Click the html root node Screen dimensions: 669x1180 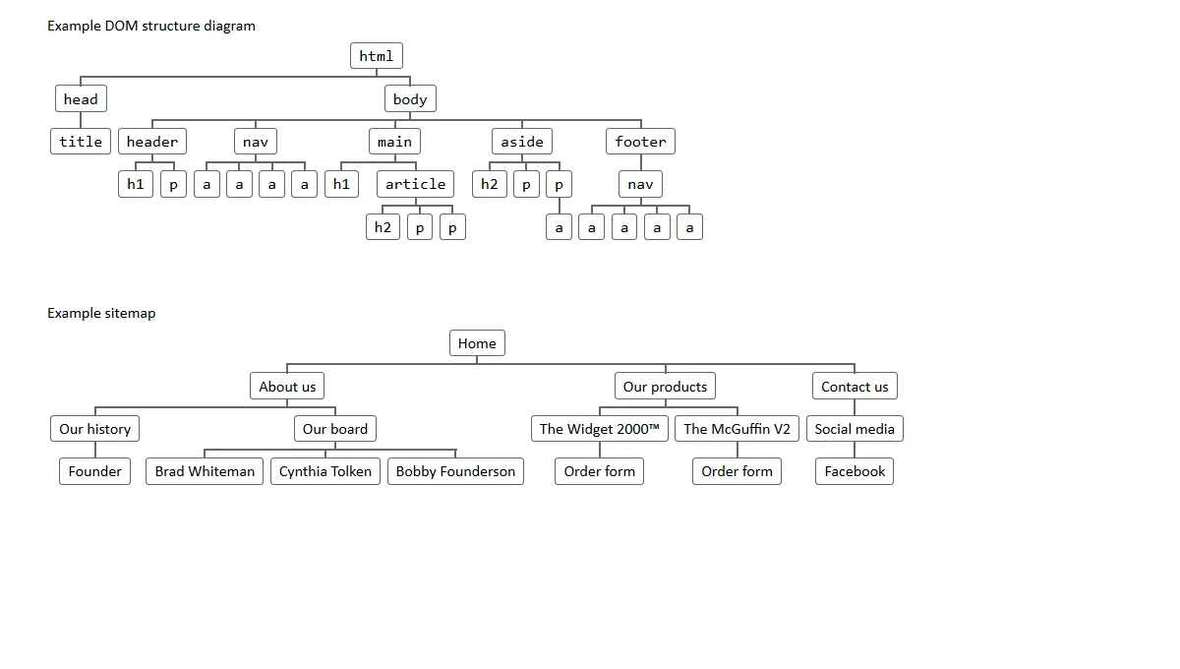click(376, 56)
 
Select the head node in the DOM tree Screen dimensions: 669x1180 click(81, 98)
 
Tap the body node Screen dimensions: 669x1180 click(410, 98)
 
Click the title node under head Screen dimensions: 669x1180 click(81, 142)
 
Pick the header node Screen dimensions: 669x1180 click(152, 142)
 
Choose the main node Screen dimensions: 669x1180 click(394, 142)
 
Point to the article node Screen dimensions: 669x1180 click(415, 184)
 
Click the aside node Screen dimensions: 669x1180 click(522, 142)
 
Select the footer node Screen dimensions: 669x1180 click(640, 142)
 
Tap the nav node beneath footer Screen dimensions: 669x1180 click(640, 184)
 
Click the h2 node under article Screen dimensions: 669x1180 click(383, 227)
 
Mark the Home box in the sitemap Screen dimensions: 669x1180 click(477, 343)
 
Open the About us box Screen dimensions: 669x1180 click(287, 387)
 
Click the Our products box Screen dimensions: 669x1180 click(665, 387)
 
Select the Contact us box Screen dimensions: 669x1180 click(855, 387)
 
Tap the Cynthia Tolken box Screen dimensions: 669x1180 click(325, 471)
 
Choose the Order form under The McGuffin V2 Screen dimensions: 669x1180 click(737, 471)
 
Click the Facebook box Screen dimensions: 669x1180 click(855, 471)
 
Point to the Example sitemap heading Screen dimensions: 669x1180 click(101, 313)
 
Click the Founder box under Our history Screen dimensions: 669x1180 click(95, 471)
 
